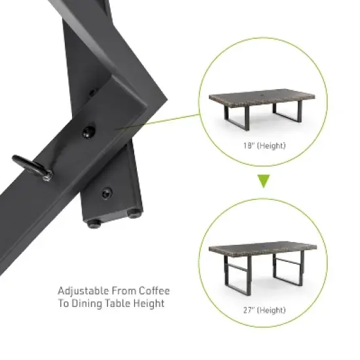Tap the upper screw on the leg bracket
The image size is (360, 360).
tap(88, 132)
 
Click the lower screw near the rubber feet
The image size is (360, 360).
tap(104, 193)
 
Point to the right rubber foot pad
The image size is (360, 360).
tap(135, 212)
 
